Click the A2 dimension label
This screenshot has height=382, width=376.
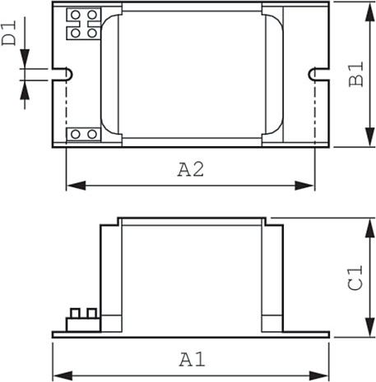[x=191, y=169]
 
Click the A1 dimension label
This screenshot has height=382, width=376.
[x=193, y=360]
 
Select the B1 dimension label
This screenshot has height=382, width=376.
[x=356, y=74]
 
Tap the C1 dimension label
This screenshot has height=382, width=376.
[x=355, y=277]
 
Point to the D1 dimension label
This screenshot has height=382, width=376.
[x=9, y=33]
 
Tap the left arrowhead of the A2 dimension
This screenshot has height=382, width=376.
[x=76, y=186]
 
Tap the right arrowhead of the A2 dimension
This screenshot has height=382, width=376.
[x=304, y=186]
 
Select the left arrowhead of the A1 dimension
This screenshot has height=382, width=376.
[x=63, y=375]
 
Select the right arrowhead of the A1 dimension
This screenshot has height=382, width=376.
[x=319, y=375]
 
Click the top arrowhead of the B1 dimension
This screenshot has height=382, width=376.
[x=370, y=12]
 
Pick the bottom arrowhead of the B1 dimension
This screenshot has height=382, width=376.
[x=370, y=137]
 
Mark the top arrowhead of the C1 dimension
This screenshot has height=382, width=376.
[x=370, y=228]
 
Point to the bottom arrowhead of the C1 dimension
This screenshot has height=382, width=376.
[x=370, y=327]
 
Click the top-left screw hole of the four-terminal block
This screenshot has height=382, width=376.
[x=76, y=15]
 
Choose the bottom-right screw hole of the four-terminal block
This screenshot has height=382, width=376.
[x=92, y=33]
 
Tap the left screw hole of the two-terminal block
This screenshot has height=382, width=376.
[x=76, y=134]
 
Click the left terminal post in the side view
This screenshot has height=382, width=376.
[x=75, y=313]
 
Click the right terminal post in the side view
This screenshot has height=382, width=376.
[x=92, y=313]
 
